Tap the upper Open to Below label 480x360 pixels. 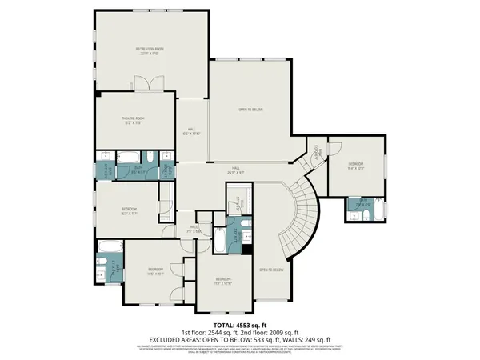pyautogui.click(x=250, y=109)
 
